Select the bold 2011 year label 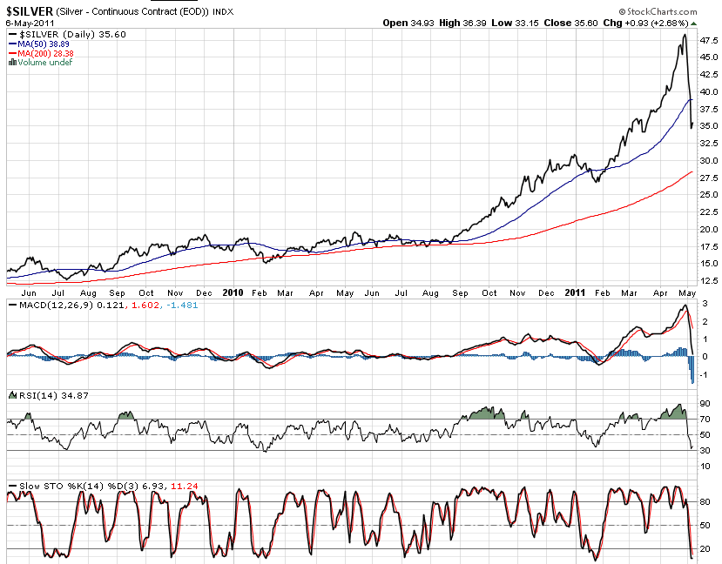click(x=574, y=293)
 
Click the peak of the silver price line click(x=685, y=36)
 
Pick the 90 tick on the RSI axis click(x=704, y=405)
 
